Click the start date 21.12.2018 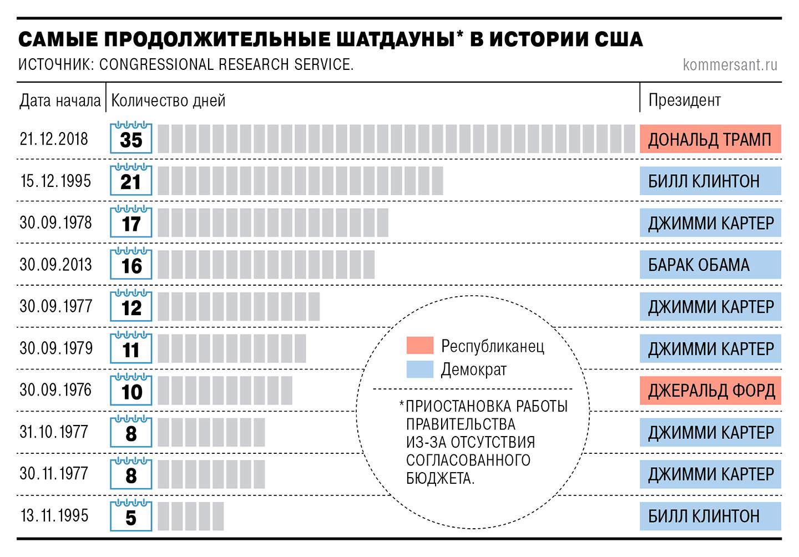coord(54,139)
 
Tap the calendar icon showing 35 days coord(131,138)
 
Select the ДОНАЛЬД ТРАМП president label coord(710,139)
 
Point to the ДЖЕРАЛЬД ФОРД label coord(711,391)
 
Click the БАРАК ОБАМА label coord(699,265)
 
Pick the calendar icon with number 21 coord(131,180)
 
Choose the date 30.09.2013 coord(55,265)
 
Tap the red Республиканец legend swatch coord(419,345)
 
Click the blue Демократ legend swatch coord(419,369)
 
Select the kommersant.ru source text coord(730,65)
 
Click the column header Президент coord(684,100)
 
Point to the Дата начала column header coord(60,100)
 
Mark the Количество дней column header coord(168,100)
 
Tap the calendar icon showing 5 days coord(131,516)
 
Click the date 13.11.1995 coord(54,516)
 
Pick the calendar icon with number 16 coord(131,264)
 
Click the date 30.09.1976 coord(55,390)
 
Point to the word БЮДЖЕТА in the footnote coord(439,478)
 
